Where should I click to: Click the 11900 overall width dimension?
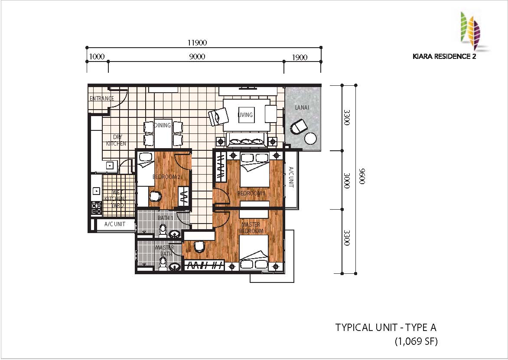pyautogui.click(x=197, y=42)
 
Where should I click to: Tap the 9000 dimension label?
pyautogui.click(x=197, y=57)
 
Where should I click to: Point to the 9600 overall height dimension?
pyautogui.click(x=362, y=176)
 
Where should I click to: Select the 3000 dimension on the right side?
pyautogui.click(x=347, y=181)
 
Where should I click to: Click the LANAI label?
pyautogui.click(x=302, y=107)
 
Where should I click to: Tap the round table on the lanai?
pyautogui.click(x=310, y=139)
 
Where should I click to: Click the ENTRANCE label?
pyautogui.click(x=102, y=98)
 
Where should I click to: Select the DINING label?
pyautogui.click(x=162, y=125)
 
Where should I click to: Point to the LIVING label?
pyautogui.click(x=245, y=115)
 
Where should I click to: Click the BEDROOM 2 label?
pyautogui.click(x=166, y=177)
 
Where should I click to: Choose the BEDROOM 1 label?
pyautogui.click(x=251, y=193)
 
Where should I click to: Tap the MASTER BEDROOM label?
pyautogui.click(x=251, y=227)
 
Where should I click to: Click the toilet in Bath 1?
pyautogui.click(x=163, y=231)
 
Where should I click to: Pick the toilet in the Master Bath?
pyautogui.click(x=163, y=263)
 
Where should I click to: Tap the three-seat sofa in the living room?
pyautogui.click(x=247, y=141)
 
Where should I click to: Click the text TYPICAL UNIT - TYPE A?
pyautogui.click(x=386, y=328)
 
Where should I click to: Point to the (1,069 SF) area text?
pyautogui.click(x=416, y=341)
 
